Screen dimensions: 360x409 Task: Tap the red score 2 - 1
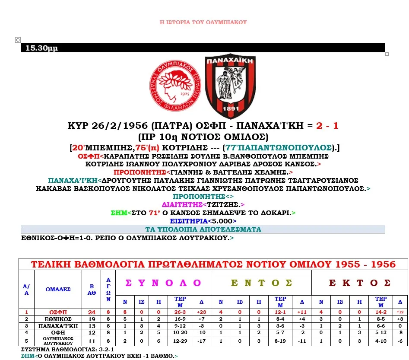pos(327,126)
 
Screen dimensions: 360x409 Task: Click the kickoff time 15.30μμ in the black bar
pos(41,48)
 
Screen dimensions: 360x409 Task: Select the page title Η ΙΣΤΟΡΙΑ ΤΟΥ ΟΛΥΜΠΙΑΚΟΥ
pos(203,22)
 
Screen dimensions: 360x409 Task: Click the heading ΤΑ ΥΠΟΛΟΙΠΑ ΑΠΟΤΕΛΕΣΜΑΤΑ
pos(203,229)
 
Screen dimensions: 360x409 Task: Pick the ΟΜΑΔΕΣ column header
pos(58,289)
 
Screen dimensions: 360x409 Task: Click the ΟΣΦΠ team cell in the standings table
pos(58,312)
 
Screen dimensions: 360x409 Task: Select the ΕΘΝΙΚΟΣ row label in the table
pos(58,319)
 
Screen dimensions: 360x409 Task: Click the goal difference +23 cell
pos(201,312)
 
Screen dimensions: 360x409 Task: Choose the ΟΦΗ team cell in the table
pos(58,333)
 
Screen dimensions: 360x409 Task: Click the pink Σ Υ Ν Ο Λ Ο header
pos(163,283)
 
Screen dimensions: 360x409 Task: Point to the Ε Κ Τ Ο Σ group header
pos(359,283)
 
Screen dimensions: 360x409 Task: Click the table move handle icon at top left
pos(18,40)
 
